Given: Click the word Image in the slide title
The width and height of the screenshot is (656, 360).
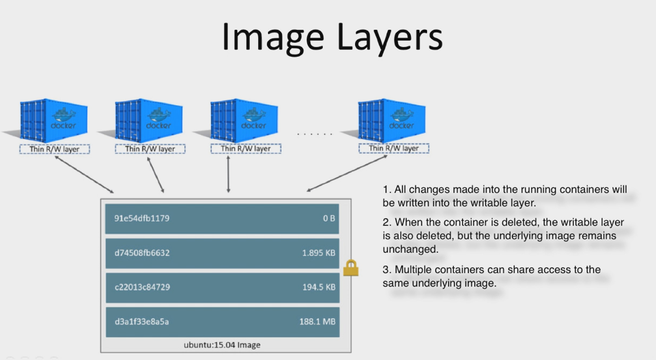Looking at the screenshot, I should pyautogui.click(x=268, y=37).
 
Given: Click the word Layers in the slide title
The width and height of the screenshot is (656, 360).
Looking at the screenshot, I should pyautogui.click(x=382, y=37).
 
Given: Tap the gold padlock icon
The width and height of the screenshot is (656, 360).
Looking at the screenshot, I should pyautogui.click(x=351, y=269).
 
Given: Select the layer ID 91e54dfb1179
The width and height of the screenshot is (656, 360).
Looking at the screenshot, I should pyautogui.click(x=142, y=218).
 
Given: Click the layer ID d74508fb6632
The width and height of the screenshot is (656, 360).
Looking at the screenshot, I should pyautogui.click(x=142, y=253).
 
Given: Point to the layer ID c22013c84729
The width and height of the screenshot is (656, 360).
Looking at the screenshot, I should pyautogui.click(x=142, y=287).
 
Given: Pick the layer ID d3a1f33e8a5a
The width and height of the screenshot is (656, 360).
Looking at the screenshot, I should pyautogui.click(x=142, y=321).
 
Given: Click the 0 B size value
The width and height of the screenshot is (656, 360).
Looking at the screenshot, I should pyautogui.click(x=329, y=218).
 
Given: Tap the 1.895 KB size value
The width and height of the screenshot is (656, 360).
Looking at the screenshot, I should pyautogui.click(x=318, y=253).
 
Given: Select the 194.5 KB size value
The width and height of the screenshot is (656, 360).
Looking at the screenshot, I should pyautogui.click(x=319, y=287).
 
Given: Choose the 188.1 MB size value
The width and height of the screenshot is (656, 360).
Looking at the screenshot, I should pyautogui.click(x=317, y=321).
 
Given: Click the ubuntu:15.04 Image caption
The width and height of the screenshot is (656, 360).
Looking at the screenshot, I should pyautogui.click(x=222, y=345).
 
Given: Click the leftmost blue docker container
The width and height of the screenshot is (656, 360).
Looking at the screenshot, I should pyautogui.click(x=54, y=121).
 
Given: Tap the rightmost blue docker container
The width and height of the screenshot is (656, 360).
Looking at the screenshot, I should pyautogui.click(x=392, y=121).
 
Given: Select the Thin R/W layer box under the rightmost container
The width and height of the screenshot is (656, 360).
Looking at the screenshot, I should pyautogui.click(x=393, y=148).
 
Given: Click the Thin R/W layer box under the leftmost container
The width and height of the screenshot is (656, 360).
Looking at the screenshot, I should pyautogui.click(x=55, y=149).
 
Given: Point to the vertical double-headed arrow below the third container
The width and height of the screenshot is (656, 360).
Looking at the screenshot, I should pyautogui.click(x=228, y=174).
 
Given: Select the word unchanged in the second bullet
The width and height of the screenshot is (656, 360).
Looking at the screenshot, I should pyautogui.click(x=410, y=249).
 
